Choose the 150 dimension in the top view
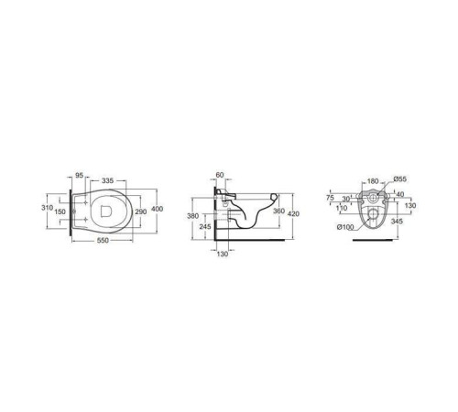coord(60,211)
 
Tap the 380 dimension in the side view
coord(192,216)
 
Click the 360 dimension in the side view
coord(278,211)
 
